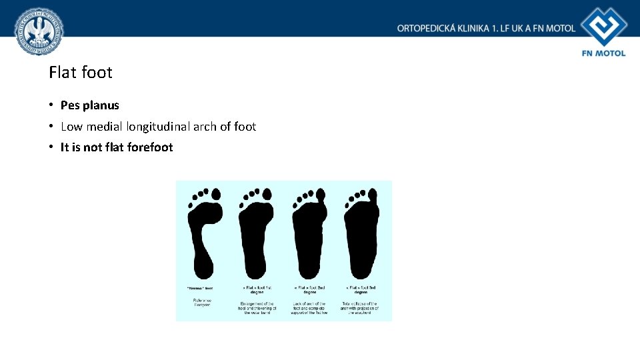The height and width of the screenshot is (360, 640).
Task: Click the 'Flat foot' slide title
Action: pyautogui.click(x=81, y=72)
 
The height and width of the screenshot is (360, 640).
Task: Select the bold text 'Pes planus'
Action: pyautogui.click(x=89, y=105)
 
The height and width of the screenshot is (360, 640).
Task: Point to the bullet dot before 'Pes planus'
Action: pyautogui.click(x=51, y=105)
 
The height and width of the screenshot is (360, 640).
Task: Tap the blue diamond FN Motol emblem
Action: pyautogui.click(x=603, y=27)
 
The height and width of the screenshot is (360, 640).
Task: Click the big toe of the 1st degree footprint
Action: pyautogui.click(x=267, y=193)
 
